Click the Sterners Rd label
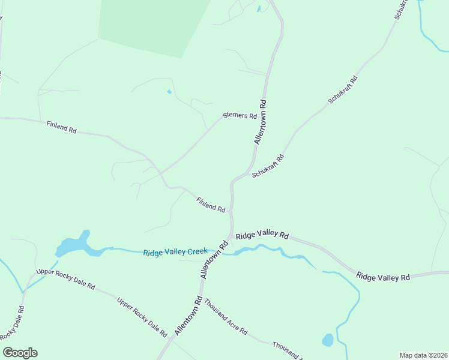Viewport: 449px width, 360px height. (x=240, y=116)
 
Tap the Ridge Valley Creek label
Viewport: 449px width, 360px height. (x=175, y=252)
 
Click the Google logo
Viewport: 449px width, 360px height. (x=20, y=353)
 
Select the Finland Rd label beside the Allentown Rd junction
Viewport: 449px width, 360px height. (x=211, y=204)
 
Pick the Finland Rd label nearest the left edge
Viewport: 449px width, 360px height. (x=62, y=127)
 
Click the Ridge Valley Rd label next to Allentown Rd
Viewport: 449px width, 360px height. (x=262, y=236)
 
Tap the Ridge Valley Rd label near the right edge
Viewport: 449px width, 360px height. (x=383, y=277)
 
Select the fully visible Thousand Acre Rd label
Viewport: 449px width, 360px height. (x=226, y=317)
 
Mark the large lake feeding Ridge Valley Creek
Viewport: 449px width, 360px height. (x=73, y=245)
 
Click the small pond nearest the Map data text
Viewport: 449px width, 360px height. (x=328, y=340)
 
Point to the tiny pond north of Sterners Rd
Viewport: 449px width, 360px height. (x=169, y=92)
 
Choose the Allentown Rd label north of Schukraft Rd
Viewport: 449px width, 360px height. (x=261, y=122)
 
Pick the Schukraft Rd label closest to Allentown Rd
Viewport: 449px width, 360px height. (x=268, y=166)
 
